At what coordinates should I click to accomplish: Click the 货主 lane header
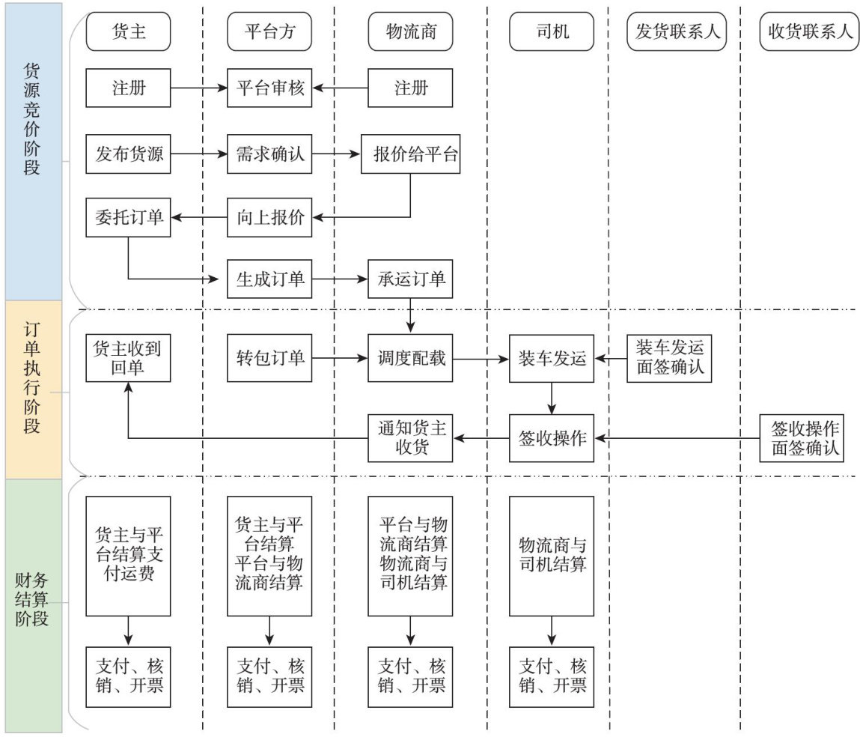click(129, 31)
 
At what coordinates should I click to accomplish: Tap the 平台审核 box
click(269, 88)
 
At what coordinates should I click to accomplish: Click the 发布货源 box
click(129, 154)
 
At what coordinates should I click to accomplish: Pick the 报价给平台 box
click(410, 154)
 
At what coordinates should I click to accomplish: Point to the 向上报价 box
click(269, 218)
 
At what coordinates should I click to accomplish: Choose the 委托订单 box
click(129, 218)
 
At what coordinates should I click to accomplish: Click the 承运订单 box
click(410, 279)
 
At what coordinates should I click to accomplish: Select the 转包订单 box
click(269, 358)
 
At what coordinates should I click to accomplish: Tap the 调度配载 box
click(410, 358)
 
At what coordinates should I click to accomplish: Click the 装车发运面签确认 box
click(670, 358)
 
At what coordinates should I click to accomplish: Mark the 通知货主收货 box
click(410, 438)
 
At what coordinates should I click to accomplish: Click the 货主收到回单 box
click(129, 358)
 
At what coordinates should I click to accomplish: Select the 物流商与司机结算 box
click(552, 554)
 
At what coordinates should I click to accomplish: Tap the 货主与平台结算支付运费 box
click(129, 554)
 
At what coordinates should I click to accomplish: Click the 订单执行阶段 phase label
click(32, 389)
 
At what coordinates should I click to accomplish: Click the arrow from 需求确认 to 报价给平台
click(336, 154)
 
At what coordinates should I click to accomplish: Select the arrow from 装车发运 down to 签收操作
click(552, 398)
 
